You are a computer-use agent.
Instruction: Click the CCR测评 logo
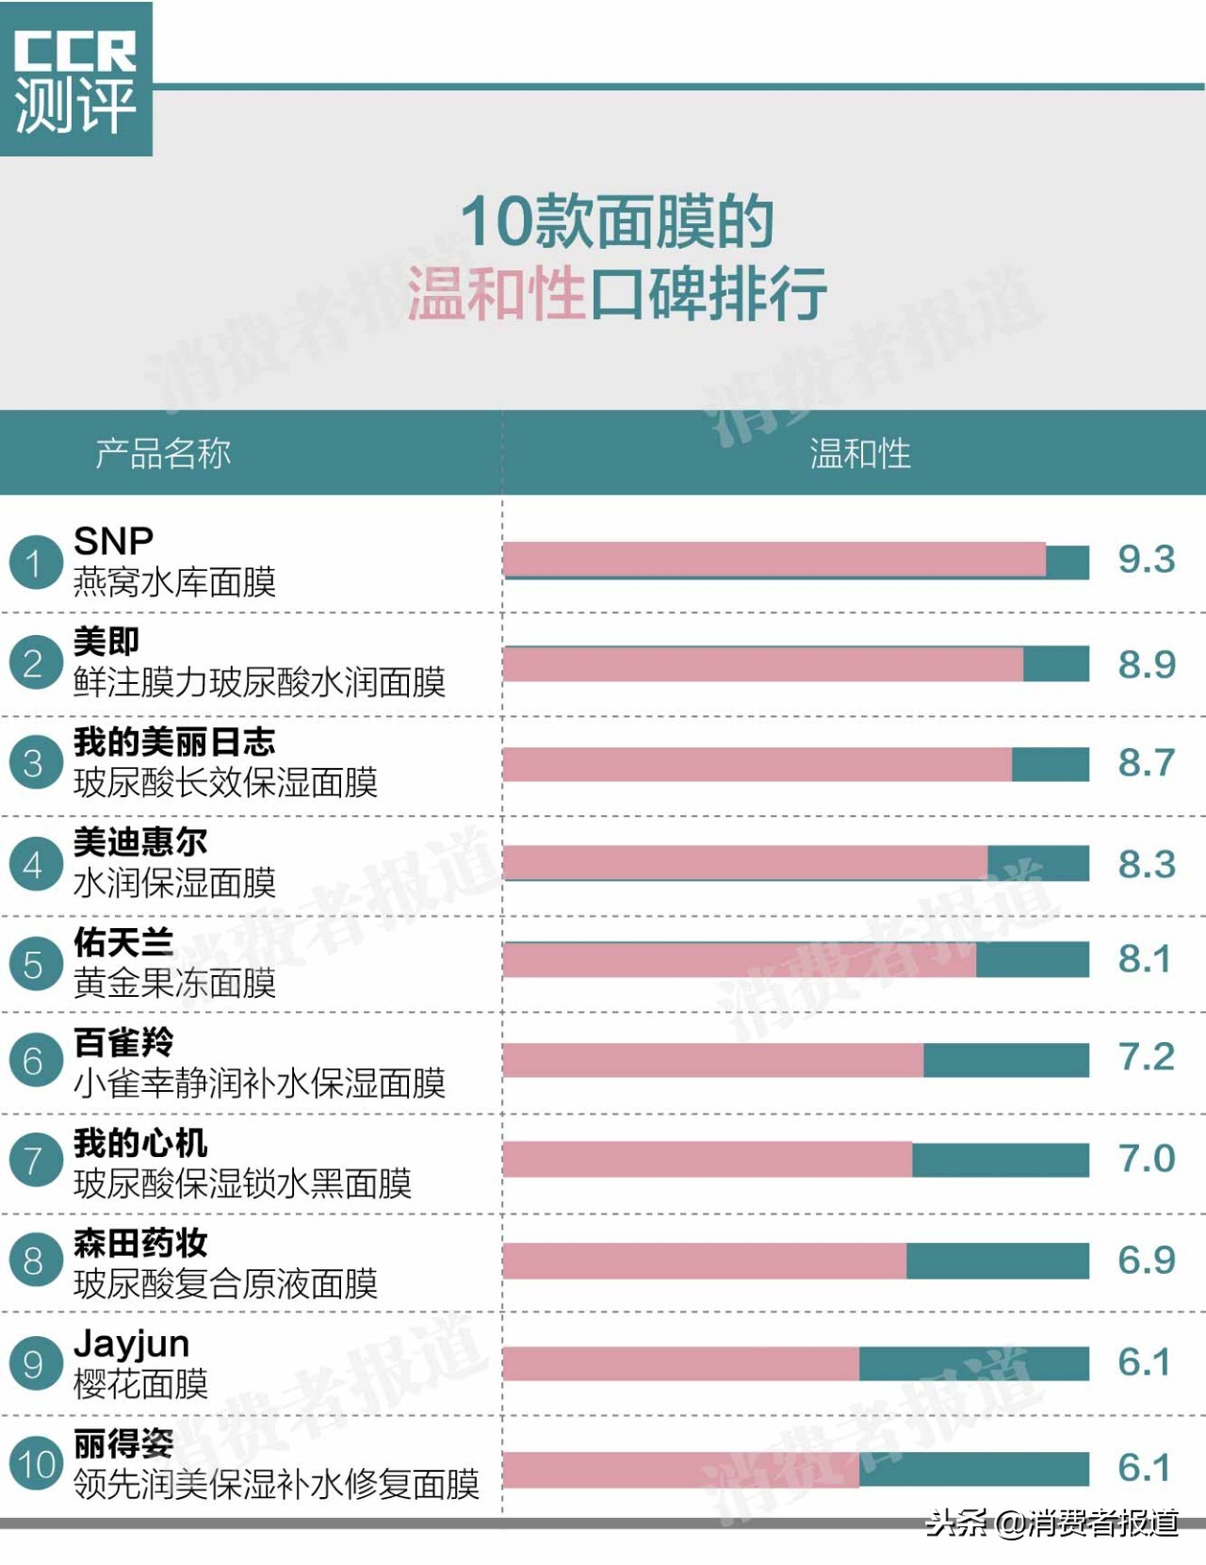(x=75, y=79)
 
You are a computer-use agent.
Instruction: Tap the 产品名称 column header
(x=163, y=453)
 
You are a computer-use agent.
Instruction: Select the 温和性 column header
(x=859, y=453)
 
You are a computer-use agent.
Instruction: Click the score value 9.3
(x=1146, y=560)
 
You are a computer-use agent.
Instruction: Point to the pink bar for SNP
(x=774, y=560)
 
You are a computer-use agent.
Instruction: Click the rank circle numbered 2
(x=35, y=663)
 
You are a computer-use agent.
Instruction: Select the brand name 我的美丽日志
(x=174, y=742)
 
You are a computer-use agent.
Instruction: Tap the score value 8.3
(x=1146, y=864)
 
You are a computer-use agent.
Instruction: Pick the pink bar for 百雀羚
(x=713, y=1060)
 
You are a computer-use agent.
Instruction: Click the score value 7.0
(x=1146, y=1159)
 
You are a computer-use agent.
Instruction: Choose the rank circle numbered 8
(x=35, y=1261)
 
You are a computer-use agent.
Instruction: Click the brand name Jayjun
(x=132, y=1344)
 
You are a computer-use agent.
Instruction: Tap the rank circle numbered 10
(x=36, y=1465)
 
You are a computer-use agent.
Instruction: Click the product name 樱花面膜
(x=140, y=1384)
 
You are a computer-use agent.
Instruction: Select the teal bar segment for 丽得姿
(x=973, y=1468)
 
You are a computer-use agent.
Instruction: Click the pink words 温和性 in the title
(x=497, y=293)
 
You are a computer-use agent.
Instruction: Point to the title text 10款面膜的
(x=616, y=222)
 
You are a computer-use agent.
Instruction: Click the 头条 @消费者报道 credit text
(x=1051, y=1523)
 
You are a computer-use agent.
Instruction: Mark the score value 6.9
(x=1146, y=1261)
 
